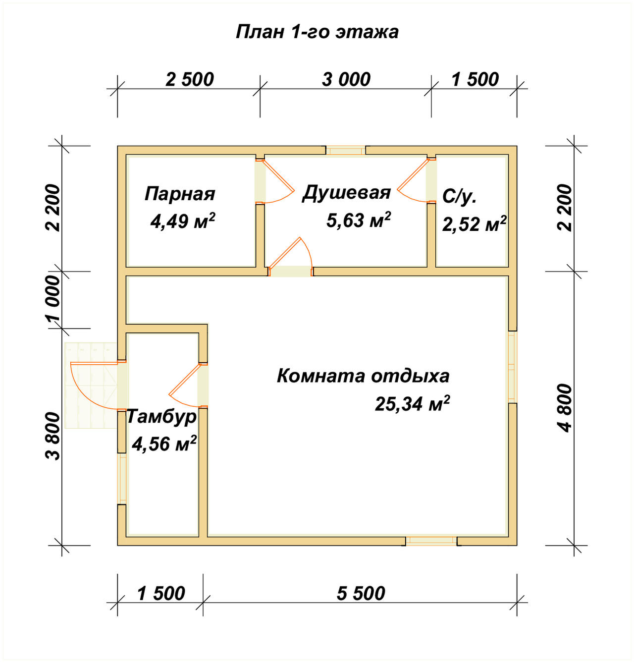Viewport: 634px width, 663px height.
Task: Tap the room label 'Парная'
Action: [x=180, y=194]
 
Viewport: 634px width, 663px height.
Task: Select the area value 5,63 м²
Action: [x=358, y=220]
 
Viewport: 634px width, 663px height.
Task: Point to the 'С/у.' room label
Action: [x=459, y=197]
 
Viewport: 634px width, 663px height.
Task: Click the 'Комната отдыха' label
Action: [x=363, y=376]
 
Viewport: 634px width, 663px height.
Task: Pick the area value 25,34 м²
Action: [x=412, y=404]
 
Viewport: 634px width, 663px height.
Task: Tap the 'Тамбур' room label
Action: [x=161, y=416]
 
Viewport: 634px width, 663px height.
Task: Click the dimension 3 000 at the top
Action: [x=346, y=79]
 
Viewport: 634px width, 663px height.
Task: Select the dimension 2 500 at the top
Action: [x=190, y=79]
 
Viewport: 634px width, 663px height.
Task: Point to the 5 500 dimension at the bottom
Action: [x=361, y=593]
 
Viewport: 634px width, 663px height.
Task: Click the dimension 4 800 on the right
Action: [x=565, y=408]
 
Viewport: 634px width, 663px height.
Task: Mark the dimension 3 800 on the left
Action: [x=53, y=437]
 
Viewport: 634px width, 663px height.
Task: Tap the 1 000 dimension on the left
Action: [x=53, y=299]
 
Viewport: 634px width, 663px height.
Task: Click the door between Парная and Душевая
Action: [x=274, y=181]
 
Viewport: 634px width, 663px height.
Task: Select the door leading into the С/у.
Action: [x=417, y=181]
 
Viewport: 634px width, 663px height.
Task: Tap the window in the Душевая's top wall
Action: [x=346, y=150]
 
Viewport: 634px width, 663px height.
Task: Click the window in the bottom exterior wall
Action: [x=431, y=541]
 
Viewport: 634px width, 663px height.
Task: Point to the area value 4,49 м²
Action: [x=182, y=221]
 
